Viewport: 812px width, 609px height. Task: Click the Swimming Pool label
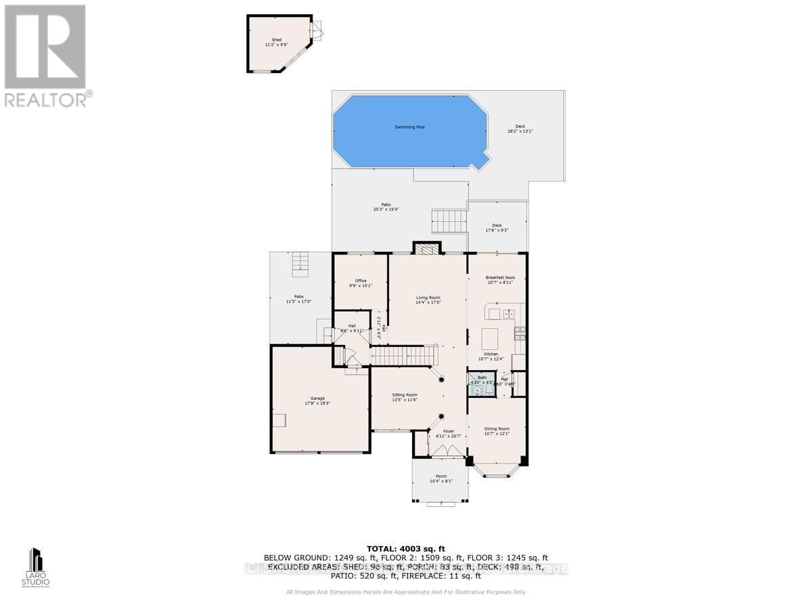tap(410, 127)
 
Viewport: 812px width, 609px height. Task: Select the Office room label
tap(361, 284)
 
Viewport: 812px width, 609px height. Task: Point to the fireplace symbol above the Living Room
tap(427, 249)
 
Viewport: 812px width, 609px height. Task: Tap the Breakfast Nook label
tap(500, 279)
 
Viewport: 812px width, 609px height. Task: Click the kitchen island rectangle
tap(490, 337)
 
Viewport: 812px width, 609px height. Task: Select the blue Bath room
tap(482, 384)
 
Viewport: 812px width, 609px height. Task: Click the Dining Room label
tap(497, 431)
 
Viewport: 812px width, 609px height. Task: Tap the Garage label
tap(317, 401)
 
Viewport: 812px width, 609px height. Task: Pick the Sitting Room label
tap(405, 397)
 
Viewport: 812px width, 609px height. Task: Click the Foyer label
tap(449, 433)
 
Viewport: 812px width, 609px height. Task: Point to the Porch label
tap(441, 478)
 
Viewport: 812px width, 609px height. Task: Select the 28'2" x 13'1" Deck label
tap(520, 129)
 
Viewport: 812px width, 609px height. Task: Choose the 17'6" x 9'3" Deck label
tap(497, 227)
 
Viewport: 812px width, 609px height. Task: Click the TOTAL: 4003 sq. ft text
tap(405, 548)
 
